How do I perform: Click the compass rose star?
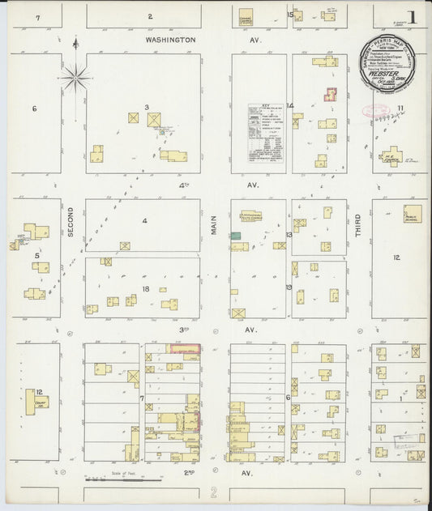pos(75,78)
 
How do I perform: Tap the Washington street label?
pos(170,39)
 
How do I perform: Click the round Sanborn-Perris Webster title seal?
pos(387,62)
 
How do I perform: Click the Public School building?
pos(413,214)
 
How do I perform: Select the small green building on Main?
pos(235,235)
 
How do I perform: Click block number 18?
pos(146,288)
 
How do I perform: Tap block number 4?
pos(144,220)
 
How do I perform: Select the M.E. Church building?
pos(391,155)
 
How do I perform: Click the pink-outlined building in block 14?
pos(330,94)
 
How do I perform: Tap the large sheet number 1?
pos(413,17)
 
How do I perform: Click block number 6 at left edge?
pos(34,109)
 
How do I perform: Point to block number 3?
pos(147,107)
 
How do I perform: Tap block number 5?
pos(36,255)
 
